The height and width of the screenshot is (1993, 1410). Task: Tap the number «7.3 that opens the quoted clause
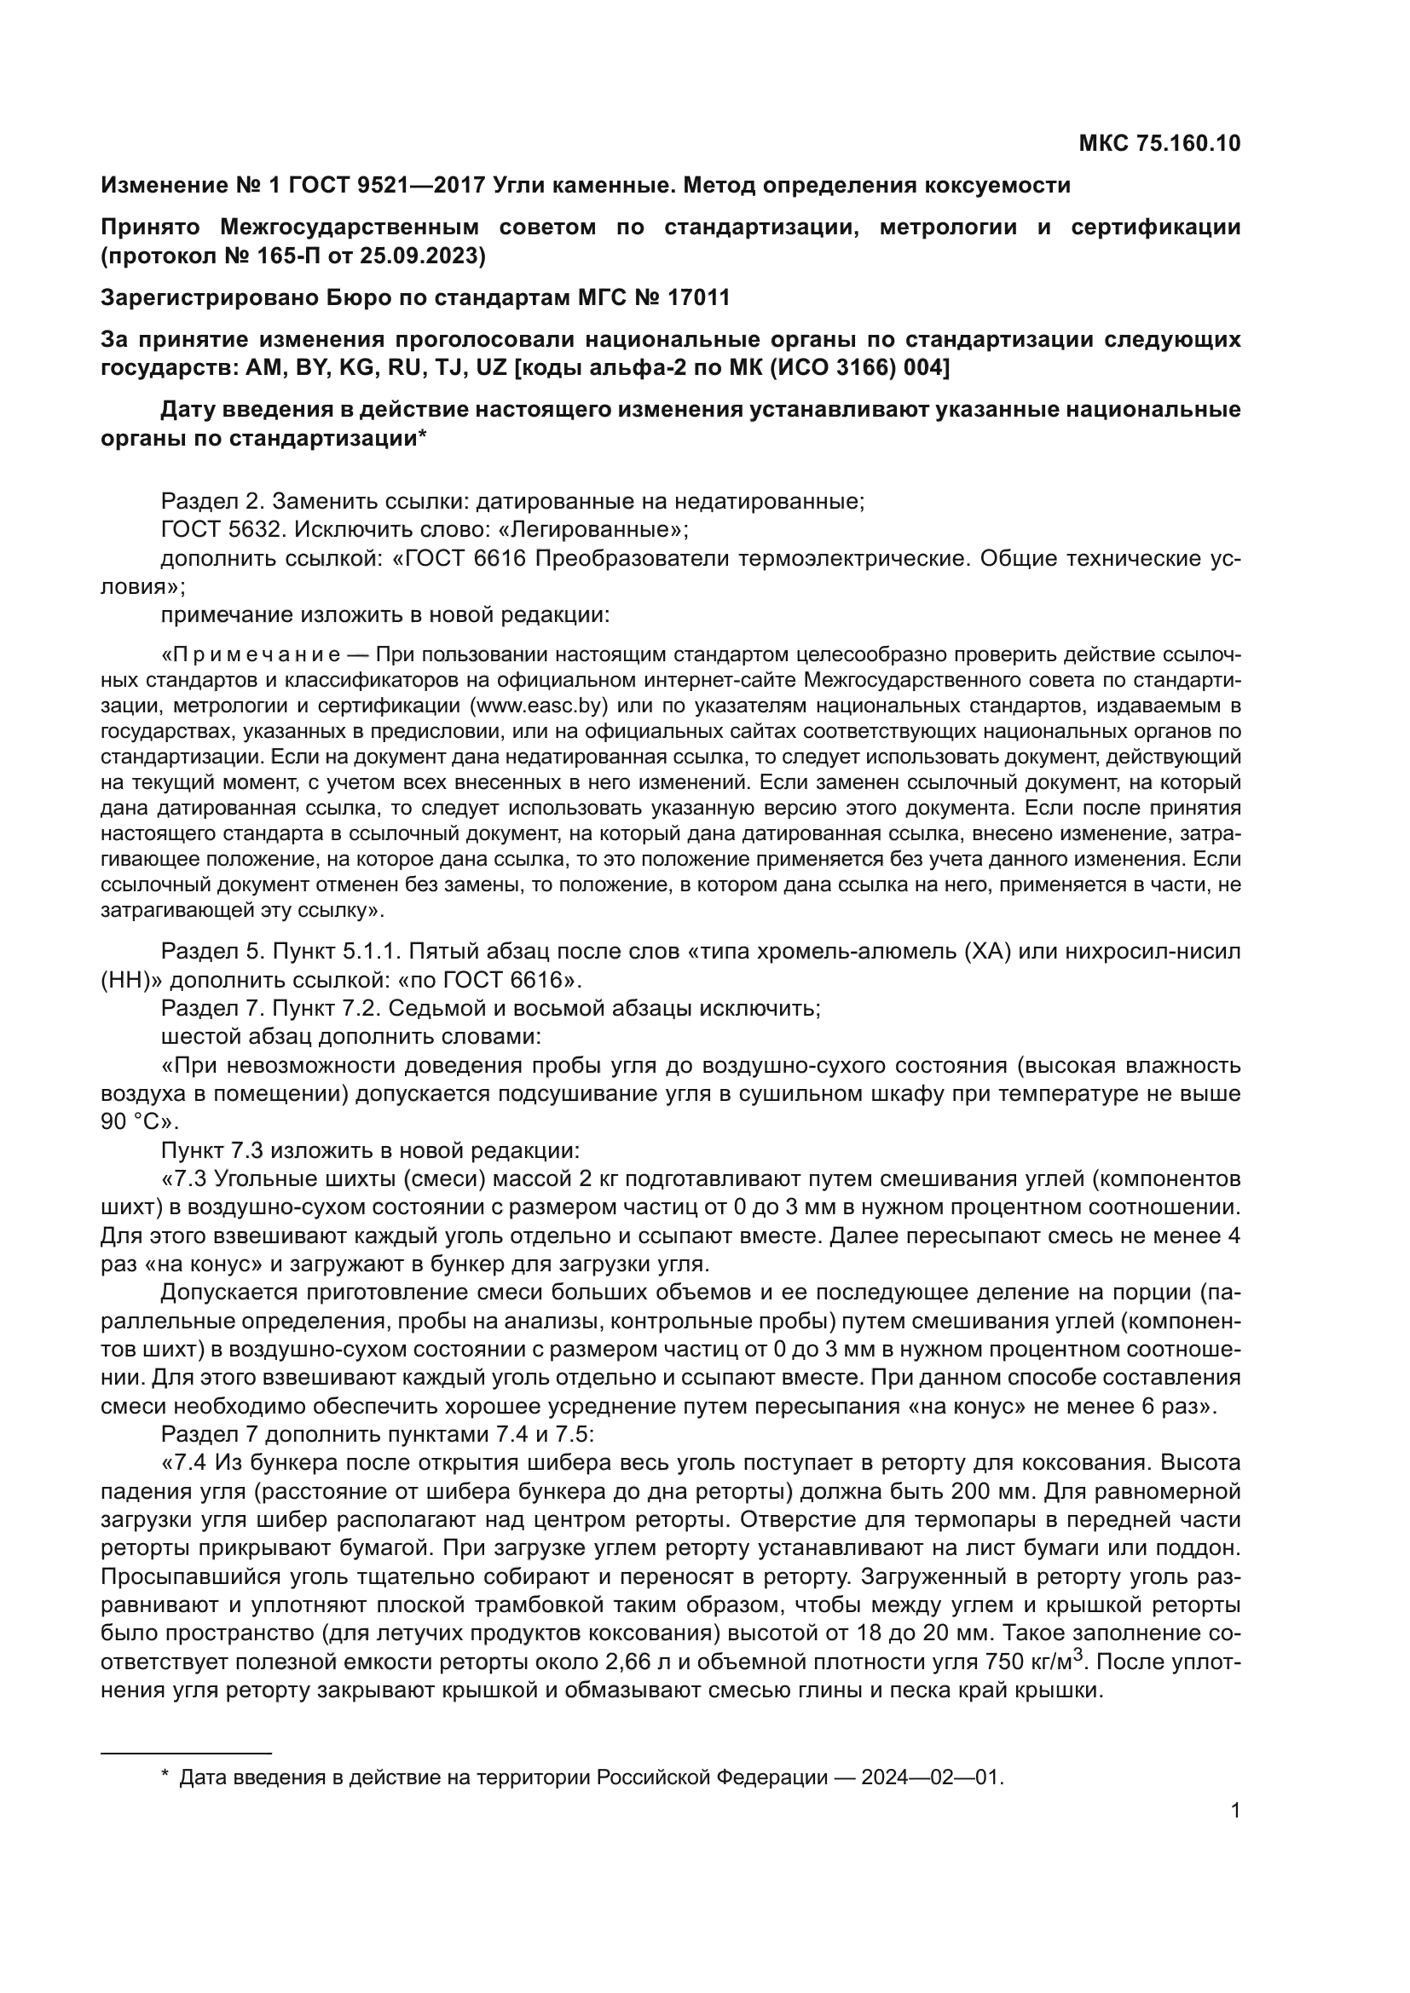tap(185, 1178)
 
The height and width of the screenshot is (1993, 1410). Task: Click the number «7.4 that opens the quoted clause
tap(185, 1464)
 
